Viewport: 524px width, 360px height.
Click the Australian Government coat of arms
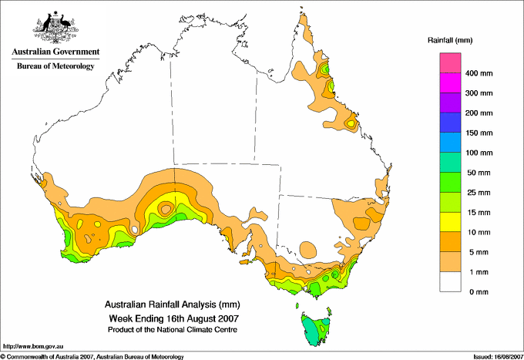[55, 28]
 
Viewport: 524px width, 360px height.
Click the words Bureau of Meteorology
[55, 66]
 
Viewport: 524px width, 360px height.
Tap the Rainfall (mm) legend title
[450, 40]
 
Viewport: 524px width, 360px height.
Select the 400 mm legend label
[479, 73]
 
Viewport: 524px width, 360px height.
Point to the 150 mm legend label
[479, 133]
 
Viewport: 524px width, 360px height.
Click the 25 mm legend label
[479, 193]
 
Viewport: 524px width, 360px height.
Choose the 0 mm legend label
[479, 292]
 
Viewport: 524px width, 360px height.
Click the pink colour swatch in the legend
[450, 63]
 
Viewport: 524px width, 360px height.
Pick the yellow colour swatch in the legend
[450, 222]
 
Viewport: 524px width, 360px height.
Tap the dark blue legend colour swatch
[450, 123]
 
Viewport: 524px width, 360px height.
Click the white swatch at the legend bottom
[450, 282]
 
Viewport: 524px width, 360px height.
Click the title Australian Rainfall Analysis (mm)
[173, 304]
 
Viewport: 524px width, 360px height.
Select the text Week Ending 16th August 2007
[174, 318]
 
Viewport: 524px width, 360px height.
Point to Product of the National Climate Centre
[173, 330]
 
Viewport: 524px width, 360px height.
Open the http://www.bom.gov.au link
[33, 347]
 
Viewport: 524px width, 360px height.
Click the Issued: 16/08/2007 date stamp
[499, 357]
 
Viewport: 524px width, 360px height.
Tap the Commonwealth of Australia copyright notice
[92, 357]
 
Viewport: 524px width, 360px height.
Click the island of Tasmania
[316, 329]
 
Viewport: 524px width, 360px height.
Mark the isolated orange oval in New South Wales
[307, 250]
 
